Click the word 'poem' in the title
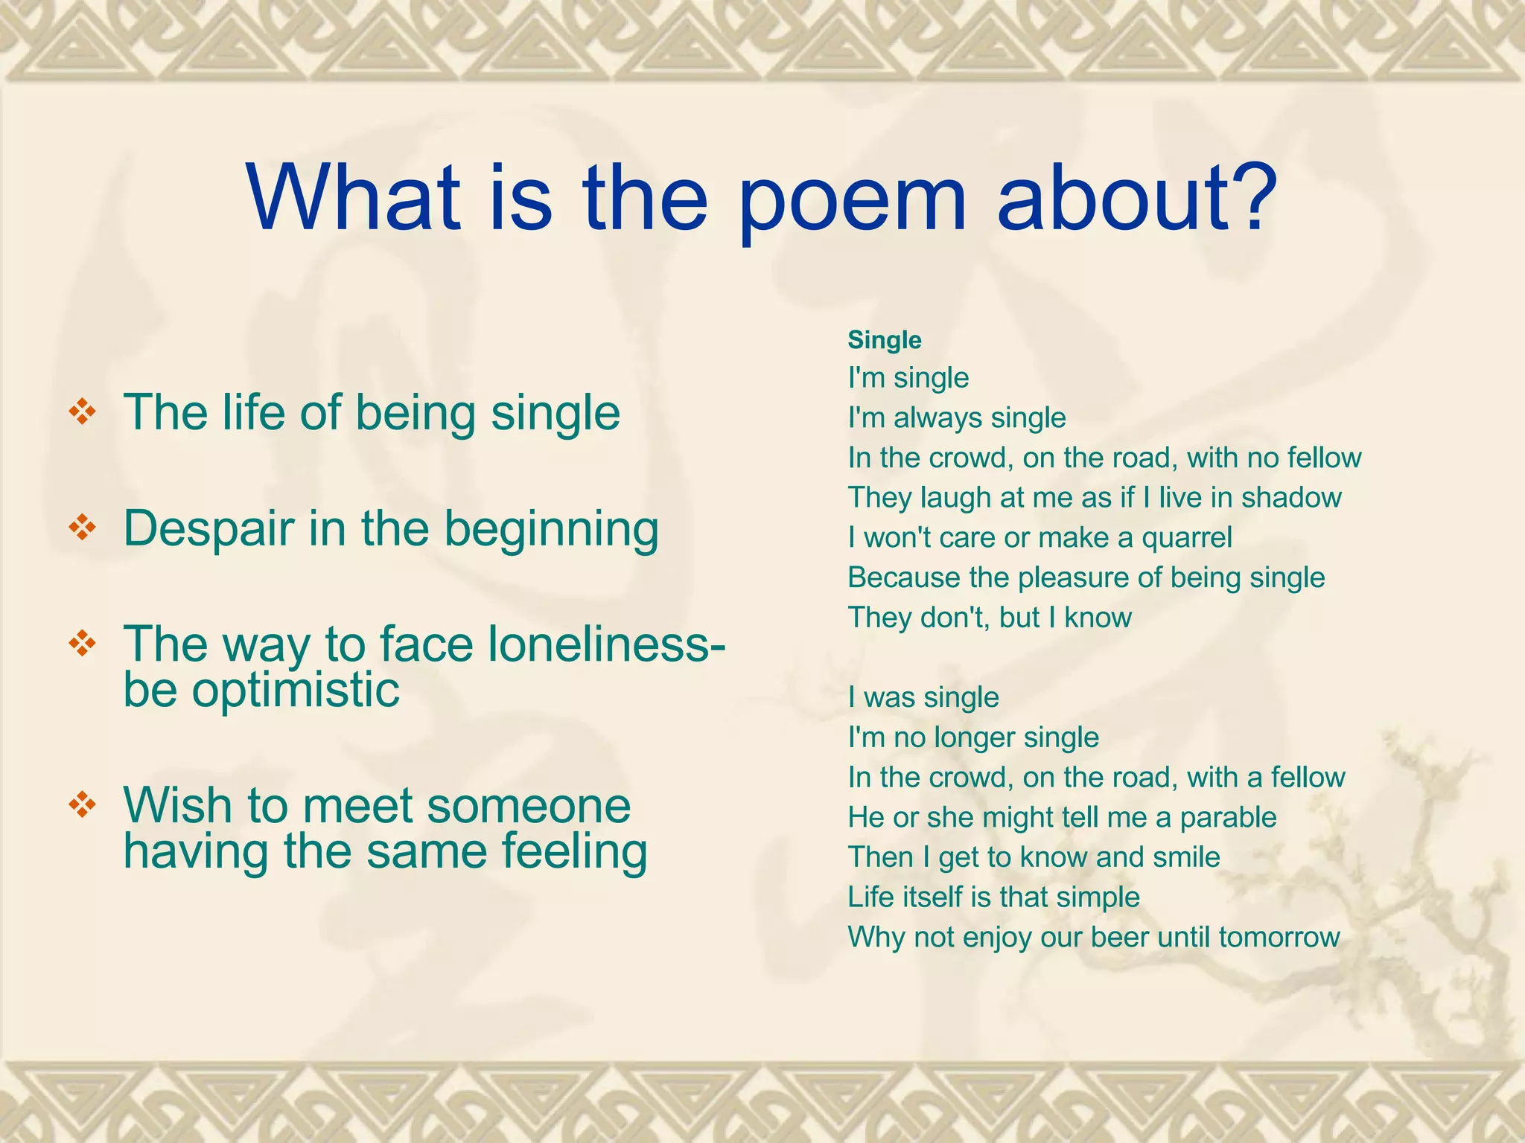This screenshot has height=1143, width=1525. (x=852, y=199)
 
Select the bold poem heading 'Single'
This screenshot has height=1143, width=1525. (x=885, y=340)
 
